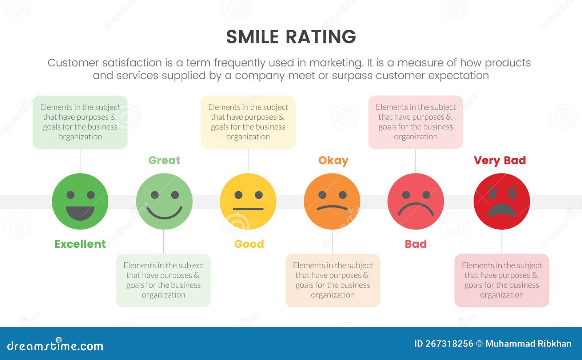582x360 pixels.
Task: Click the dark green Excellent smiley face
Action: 80,201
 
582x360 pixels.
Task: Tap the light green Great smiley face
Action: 164,201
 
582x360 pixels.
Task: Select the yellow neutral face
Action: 248,201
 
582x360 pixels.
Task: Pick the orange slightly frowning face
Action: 332,201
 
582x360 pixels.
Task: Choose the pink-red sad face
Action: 416,201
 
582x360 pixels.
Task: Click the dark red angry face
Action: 502,201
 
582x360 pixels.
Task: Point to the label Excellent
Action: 80,244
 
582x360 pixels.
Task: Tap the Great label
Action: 164,160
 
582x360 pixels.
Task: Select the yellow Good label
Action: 249,244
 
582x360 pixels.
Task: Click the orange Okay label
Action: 333,160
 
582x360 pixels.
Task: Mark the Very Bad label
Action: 500,160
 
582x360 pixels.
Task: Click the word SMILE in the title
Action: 252,37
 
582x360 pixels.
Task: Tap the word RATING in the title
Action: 320,37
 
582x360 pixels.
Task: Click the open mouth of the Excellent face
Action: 80,212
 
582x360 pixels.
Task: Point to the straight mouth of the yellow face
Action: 248,209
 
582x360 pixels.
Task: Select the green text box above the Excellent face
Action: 80,122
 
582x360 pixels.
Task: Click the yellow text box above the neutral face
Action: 248,122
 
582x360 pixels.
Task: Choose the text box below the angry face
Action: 502,280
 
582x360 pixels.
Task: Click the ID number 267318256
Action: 449,344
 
